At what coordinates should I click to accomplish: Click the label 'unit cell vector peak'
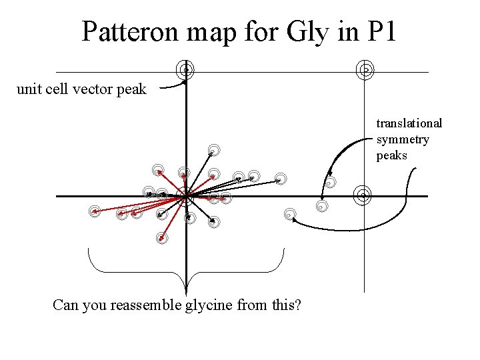(x=81, y=89)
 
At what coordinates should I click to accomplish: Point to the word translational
(x=409, y=123)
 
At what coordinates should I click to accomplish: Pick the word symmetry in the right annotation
(x=403, y=139)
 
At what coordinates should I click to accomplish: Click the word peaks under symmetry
(x=392, y=155)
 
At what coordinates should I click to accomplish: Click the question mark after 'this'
(x=297, y=305)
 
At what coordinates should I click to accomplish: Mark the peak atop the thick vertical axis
(x=186, y=69)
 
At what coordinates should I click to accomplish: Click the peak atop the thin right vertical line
(x=365, y=69)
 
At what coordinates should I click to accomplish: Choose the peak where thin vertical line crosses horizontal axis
(x=363, y=195)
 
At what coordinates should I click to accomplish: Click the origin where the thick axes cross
(x=187, y=197)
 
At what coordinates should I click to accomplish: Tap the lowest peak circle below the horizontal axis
(x=162, y=238)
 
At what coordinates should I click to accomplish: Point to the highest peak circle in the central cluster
(x=213, y=150)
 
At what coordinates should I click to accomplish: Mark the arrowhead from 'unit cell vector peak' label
(x=184, y=81)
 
